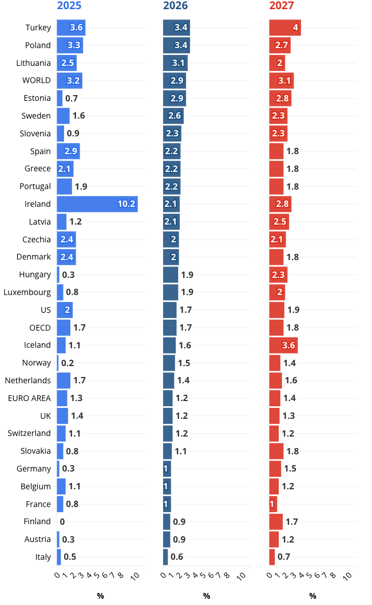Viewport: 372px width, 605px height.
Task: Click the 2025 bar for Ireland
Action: point(97,204)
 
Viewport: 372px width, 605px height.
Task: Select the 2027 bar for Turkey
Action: point(285,27)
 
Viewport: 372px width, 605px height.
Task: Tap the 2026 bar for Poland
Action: point(176,45)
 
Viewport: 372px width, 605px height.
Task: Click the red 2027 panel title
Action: point(282,6)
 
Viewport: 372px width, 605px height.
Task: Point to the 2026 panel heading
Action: point(175,6)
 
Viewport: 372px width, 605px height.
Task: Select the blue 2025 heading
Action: point(69,6)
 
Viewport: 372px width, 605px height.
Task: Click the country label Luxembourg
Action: point(27,292)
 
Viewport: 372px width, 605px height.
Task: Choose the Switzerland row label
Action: point(29,433)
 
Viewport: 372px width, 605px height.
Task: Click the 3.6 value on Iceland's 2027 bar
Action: point(288,345)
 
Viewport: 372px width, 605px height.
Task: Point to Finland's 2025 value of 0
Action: point(62,522)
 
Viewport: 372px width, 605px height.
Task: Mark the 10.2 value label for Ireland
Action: point(126,204)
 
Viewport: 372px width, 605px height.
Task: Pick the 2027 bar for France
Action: point(273,504)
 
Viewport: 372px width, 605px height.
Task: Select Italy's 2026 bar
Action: point(165,557)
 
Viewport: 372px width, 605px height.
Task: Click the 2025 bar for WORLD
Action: point(69,80)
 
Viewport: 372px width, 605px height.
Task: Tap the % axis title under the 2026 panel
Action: point(207,596)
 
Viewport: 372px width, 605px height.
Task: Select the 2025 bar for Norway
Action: point(58,363)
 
